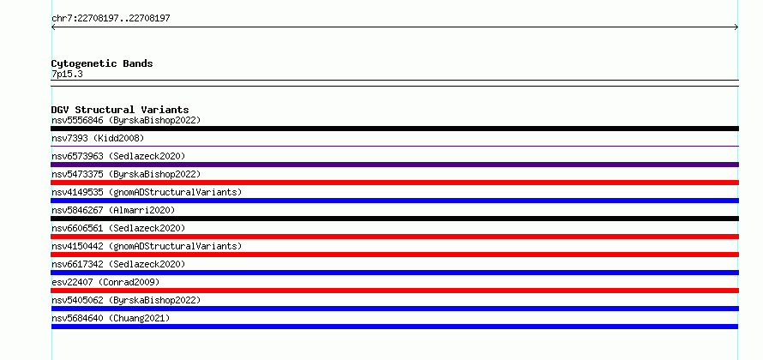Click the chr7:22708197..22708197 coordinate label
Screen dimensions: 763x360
pos(111,19)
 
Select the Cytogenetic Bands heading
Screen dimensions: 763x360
pos(102,63)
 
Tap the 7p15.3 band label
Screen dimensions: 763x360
pos(67,75)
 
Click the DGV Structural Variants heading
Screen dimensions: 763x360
pos(120,110)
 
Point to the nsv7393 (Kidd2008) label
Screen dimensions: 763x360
pos(98,138)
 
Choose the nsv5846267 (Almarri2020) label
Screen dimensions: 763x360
pos(113,210)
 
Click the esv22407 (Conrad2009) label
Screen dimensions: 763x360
pos(105,282)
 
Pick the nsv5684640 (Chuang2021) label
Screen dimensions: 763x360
pos(111,318)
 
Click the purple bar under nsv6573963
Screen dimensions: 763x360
pos(394,165)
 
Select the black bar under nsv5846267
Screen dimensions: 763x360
pos(394,219)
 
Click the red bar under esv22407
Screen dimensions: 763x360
pos(394,291)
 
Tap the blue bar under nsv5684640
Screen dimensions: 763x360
pos(394,327)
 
